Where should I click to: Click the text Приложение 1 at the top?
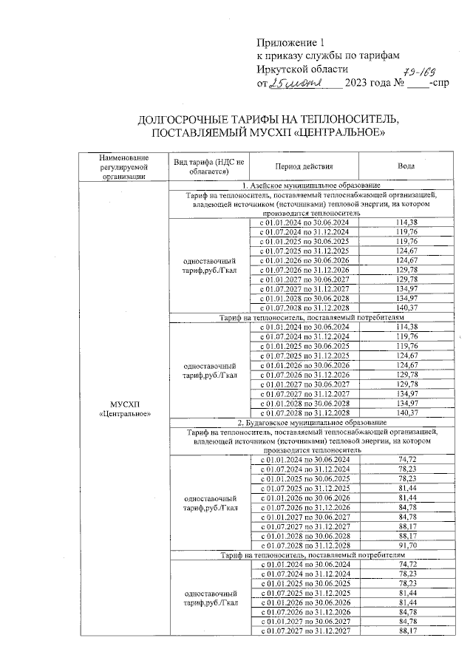290,41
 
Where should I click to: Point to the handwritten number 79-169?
415,70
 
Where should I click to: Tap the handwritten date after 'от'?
294,83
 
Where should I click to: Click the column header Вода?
406,166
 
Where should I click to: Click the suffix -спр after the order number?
438,83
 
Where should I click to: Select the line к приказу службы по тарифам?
327,55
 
